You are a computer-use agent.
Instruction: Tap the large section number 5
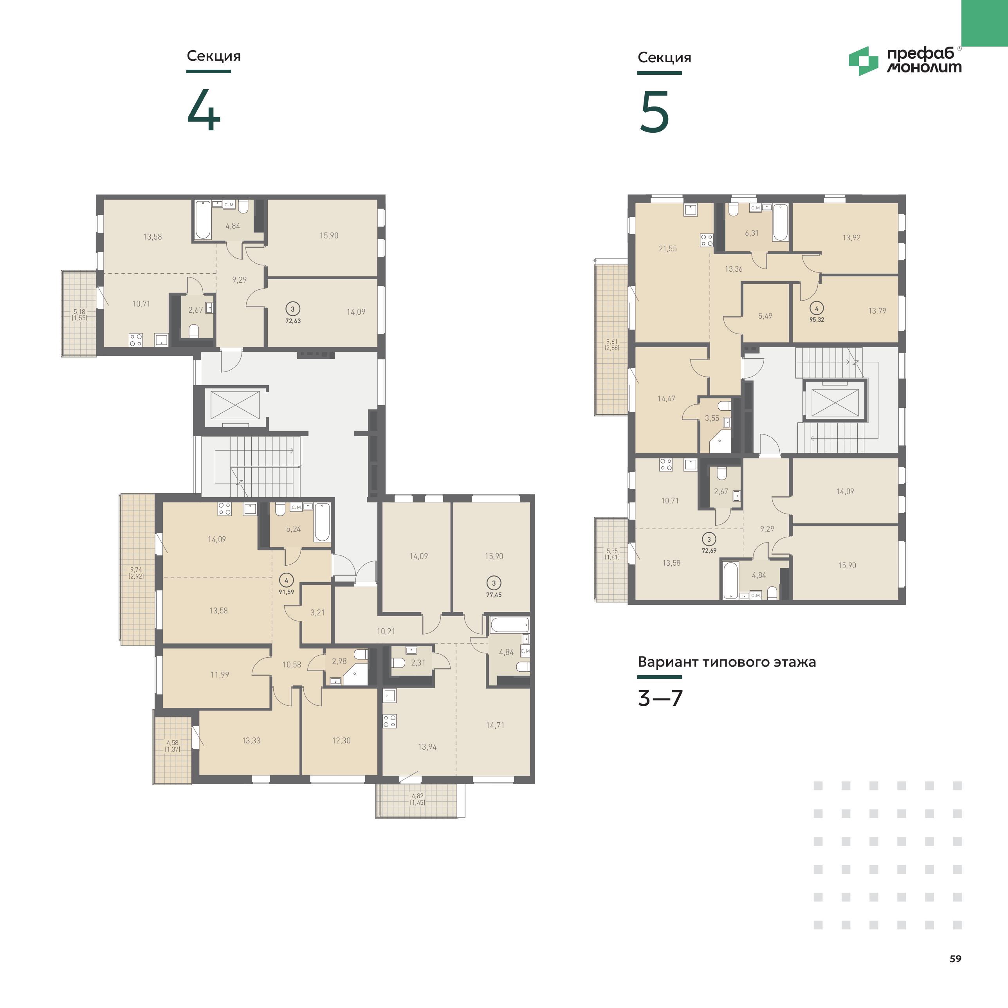pyautogui.click(x=654, y=112)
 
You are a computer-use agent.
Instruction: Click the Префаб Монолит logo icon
pyautogui.click(x=864, y=61)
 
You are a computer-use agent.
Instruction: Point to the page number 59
pyautogui.click(x=955, y=958)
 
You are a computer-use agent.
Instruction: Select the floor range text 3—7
pyautogui.click(x=660, y=698)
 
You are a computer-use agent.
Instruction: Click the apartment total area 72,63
pyautogui.click(x=293, y=321)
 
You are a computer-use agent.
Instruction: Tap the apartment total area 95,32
pyautogui.click(x=817, y=320)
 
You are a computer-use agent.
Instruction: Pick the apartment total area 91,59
pyautogui.click(x=287, y=592)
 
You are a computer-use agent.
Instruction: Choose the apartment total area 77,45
pyautogui.click(x=494, y=595)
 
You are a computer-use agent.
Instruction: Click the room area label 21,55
pyautogui.click(x=668, y=249)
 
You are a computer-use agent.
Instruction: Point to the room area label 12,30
pyautogui.click(x=341, y=740)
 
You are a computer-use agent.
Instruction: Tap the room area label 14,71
pyautogui.click(x=495, y=725)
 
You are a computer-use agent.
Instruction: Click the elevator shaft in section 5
pyautogui.click(x=835, y=400)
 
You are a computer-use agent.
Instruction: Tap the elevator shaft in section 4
pyautogui.click(x=235, y=405)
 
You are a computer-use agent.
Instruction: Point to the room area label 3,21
pyautogui.click(x=317, y=613)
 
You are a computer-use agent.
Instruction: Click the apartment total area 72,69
pyautogui.click(x=709, y=550)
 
